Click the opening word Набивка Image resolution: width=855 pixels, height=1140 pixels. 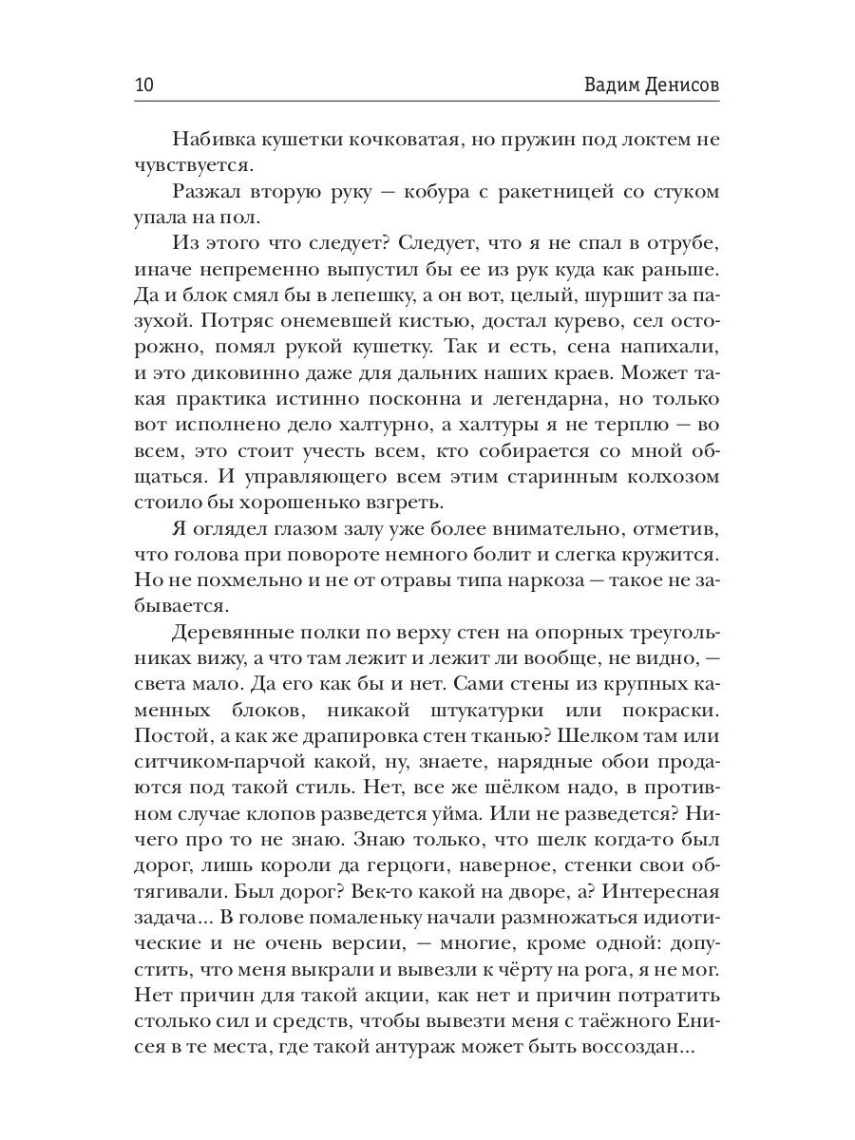pos(218,141)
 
